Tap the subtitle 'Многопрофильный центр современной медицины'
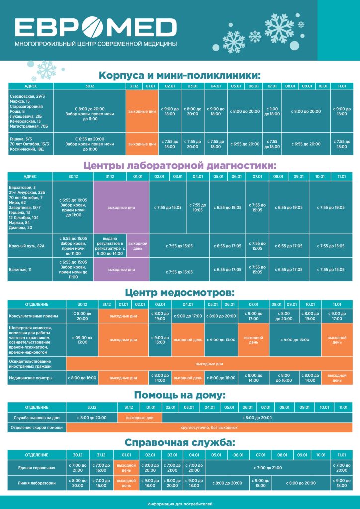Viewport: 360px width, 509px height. tap(95, 44)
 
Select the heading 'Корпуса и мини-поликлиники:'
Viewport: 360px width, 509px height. tap(180, 75)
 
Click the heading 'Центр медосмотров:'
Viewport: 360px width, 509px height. tap(180, 292)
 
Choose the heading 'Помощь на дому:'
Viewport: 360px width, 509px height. tap(180, 395)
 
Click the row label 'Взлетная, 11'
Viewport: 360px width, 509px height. tap(20, 269)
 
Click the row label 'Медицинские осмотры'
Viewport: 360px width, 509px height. tap(28, 378)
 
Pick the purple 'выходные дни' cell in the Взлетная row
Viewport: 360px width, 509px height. tap(121, 269)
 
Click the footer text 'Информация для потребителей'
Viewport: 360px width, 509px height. tap(180, 504)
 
